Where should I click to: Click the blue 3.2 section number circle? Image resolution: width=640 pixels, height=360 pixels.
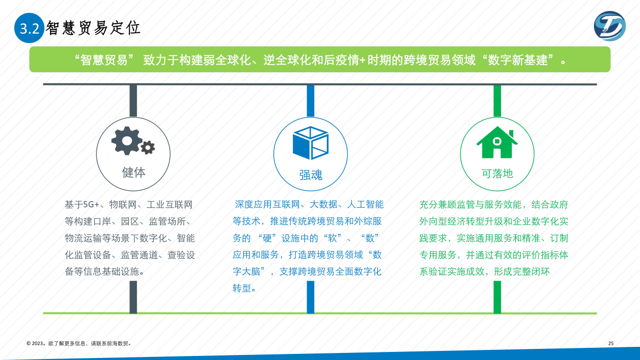pos(29,28)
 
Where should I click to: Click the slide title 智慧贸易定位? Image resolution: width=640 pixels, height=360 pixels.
pos(93,28)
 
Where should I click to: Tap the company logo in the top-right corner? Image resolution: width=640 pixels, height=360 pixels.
pos(610,26)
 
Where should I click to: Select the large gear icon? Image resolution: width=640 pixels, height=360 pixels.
pos(127,141)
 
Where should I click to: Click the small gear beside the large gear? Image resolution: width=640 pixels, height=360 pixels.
pos(147,147)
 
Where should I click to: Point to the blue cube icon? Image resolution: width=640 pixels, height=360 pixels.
pos(311,143)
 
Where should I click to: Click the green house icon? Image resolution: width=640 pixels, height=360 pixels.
pos(497,142)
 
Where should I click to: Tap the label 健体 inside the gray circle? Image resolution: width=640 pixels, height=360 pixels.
pos(133,173)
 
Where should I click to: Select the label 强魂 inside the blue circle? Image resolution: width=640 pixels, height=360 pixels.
pos(311,175)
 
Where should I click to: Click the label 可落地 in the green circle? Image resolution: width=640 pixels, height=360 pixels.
pos(497,173)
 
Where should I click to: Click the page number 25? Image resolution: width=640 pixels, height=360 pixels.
pos(611,343)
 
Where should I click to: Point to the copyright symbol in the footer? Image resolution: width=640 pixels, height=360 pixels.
pos(29,343)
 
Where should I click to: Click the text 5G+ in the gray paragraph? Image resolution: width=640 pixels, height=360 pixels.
pos(91,204)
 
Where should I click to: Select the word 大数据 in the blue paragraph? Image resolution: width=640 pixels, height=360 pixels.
pos(323,204)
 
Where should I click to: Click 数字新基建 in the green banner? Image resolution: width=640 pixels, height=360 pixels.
pos(517,60)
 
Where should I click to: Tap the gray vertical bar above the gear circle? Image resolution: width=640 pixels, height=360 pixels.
pos(133,101)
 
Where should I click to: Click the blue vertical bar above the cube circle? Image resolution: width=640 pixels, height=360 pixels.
pos(311,101)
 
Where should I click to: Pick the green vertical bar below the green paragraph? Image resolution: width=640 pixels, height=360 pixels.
pos(497,297)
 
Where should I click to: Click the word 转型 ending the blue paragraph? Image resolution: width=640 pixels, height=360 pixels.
pos(242,288)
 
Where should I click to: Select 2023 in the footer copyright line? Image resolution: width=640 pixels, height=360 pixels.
pos(37,343)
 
